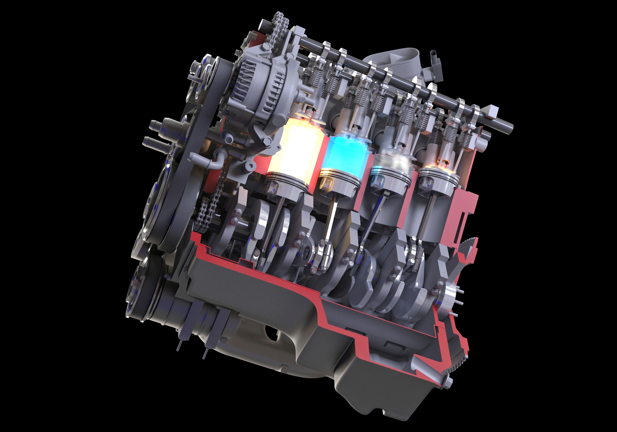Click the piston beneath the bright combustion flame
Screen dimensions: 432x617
[x=287, y=182]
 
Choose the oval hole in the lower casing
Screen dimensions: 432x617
[x=272, y=332]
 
